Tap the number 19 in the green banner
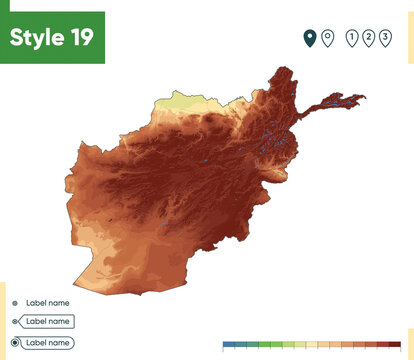(83, 38)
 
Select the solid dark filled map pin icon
(310, 38)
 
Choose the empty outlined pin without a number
(327, 38)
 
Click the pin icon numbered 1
(351, 38)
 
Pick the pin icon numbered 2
(368, 38)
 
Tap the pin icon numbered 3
(385, 38)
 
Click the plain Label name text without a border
(48, 302)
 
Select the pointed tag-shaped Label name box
(47, 322)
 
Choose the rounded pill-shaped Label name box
(48, 342)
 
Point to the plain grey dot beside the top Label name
(14, 302)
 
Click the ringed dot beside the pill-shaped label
(14, 342)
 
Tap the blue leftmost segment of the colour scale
(229, 344)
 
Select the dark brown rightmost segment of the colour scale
(394, 344)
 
